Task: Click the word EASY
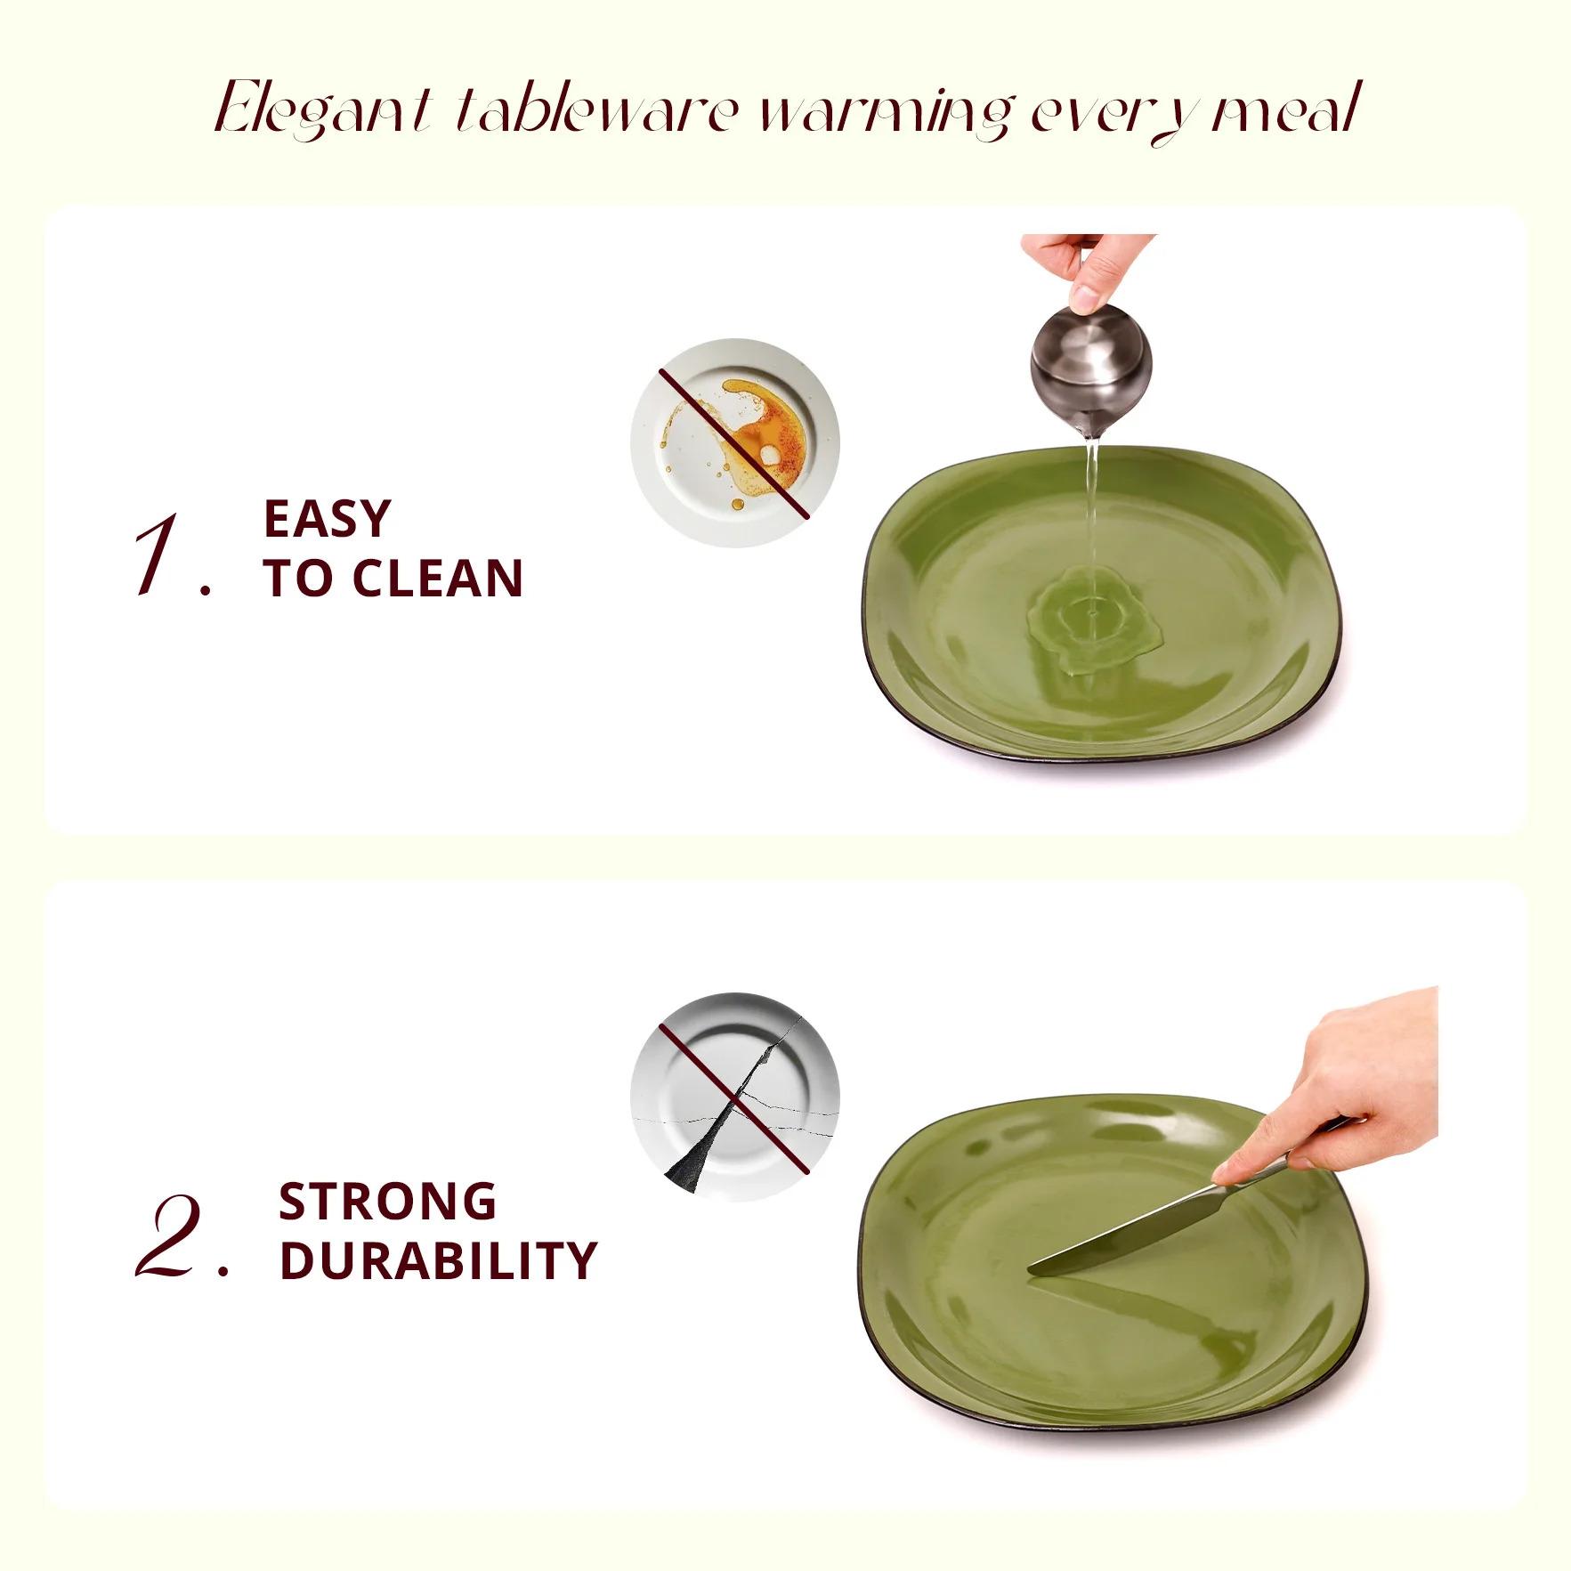click(327, 519)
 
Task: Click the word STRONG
click(387, 1202)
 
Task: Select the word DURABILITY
click(438, 1261)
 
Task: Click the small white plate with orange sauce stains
click(735, 442)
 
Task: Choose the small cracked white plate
click(735, 1097)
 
